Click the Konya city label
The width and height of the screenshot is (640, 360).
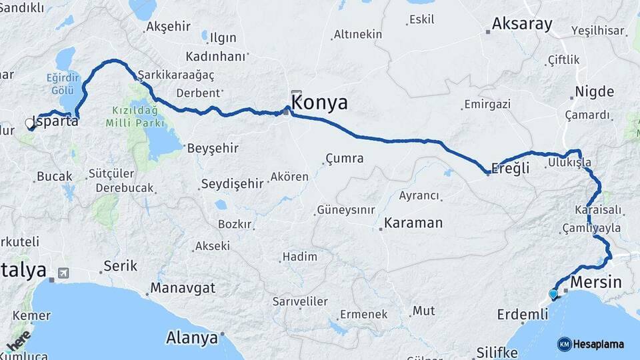coord(320,103)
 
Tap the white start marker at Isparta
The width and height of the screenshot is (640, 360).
coord(29,123)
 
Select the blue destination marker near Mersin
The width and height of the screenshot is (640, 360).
coord(553,294)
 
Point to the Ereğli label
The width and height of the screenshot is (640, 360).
coord(510,169)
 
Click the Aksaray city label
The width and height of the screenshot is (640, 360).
coord(522,25)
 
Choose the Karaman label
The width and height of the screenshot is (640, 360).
coord(413,223)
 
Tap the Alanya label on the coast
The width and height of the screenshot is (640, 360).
coord(192,337)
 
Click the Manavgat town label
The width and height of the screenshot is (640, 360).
coord(183,288)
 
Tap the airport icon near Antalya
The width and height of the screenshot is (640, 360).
coord(63,272)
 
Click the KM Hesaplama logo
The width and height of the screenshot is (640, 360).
coord(591,344)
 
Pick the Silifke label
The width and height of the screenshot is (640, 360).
coord(497,353)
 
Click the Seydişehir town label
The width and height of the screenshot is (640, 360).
coord(233,183)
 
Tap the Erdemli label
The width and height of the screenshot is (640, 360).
coord(522,313)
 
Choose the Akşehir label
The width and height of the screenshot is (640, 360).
coord(167,27)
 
